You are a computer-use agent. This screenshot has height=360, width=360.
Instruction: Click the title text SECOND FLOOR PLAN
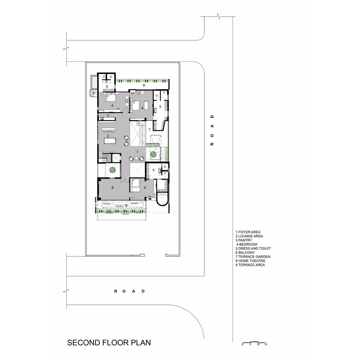tap(109, 342)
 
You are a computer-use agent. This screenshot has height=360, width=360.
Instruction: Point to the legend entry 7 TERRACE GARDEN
tap(253, 257)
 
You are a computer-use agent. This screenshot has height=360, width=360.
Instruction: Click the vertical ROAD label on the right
tap(212, 130)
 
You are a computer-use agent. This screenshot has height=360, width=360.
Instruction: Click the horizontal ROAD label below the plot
tap(130, 291)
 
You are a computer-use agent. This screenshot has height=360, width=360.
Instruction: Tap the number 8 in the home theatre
tap(113, 188)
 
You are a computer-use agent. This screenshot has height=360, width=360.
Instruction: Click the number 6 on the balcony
tap(144, 85)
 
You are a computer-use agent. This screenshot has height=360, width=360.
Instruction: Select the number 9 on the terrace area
tap(126, 206)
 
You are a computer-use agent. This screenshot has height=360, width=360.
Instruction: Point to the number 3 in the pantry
tap(108, 115)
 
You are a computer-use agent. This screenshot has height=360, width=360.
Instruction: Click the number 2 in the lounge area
tap(103, 136)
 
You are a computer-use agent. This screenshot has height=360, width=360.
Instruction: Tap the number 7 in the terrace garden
tap(149, 129)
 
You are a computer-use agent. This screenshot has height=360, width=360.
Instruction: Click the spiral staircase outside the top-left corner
tap(93, 94)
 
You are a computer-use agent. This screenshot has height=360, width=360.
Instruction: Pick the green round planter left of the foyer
tap(112, 171)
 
